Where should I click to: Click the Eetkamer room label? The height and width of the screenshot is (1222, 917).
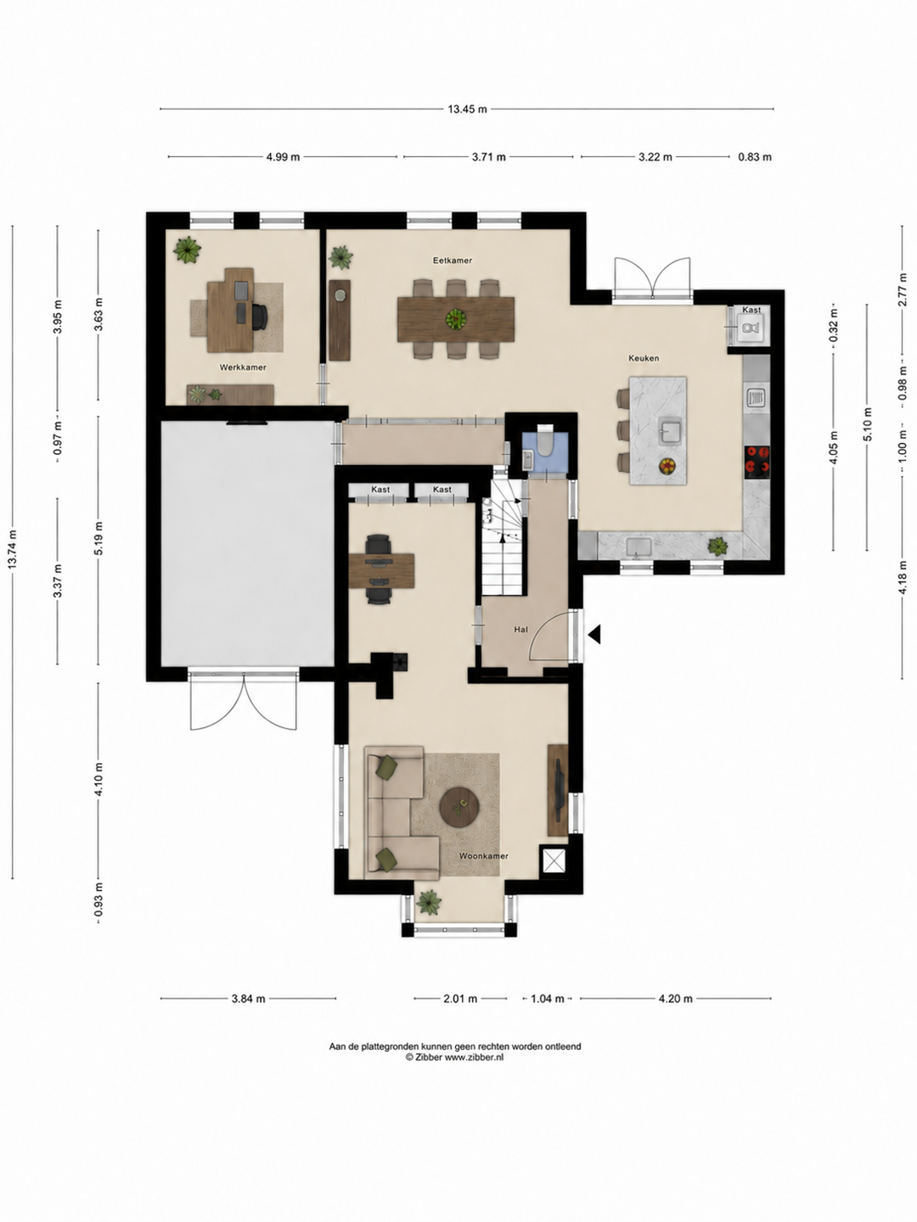tap(452, 260)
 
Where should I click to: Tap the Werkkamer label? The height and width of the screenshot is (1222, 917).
tap(242, 367)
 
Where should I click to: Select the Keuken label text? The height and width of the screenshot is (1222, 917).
tap(644, 358)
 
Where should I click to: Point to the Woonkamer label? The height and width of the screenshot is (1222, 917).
tap(483, 855)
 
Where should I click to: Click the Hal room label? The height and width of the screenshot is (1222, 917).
tap(520, 630)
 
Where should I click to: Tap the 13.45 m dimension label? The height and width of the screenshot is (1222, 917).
tap(467, 109)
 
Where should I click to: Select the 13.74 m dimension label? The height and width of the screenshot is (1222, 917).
tap(13, 549)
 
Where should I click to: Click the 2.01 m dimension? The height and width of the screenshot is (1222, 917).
tap(460, 998)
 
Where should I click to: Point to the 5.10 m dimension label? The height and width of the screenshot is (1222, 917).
tap(868, 423)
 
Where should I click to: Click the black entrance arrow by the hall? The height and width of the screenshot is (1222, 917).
tap(594, 634)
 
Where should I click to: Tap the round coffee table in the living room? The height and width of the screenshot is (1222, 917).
tap(459, 806)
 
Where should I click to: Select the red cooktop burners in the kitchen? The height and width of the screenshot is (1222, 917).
tap(757, 462)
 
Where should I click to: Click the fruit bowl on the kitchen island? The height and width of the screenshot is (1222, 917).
tap(667, 466)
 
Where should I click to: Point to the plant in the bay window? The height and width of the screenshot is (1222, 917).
tap(429, 902)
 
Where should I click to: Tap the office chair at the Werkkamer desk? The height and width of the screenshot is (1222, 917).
tap(259, 317)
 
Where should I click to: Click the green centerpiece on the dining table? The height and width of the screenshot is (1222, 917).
tap(455, 319)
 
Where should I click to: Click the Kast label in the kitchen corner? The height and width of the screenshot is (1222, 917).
tap(751, 310)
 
